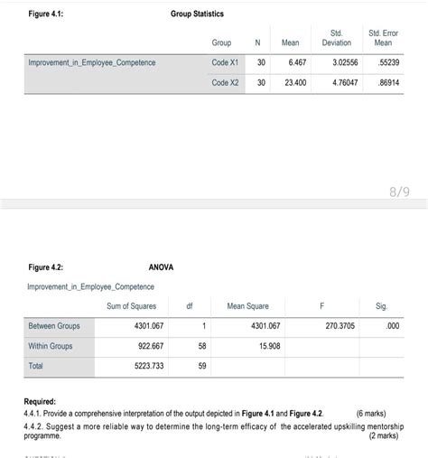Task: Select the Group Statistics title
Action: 197,14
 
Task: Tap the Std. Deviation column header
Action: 337,38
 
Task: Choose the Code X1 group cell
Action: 225,62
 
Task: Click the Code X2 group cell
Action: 225,82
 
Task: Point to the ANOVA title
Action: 161,267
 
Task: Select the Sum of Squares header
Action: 131,306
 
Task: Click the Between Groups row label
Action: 54,325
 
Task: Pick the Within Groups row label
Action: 51,346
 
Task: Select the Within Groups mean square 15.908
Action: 268,346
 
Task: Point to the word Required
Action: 40,400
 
